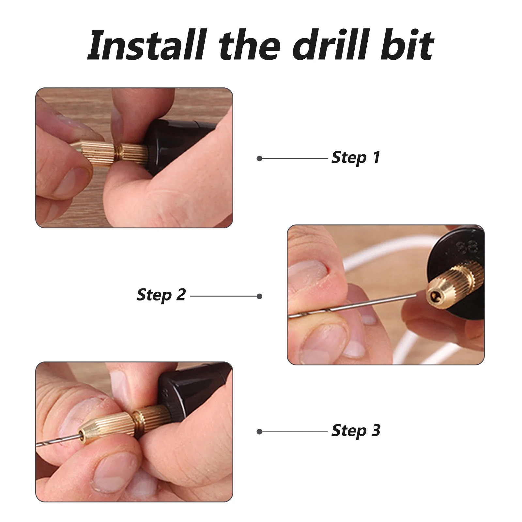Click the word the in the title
[x=250, y=46]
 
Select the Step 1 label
[x=356, y=158]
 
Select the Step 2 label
[x=161, y=295]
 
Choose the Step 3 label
[x=356, y=431]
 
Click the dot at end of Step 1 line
[x=260, y=159]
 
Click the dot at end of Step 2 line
[x=260, y=296]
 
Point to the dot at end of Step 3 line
[x=260, y=432]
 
